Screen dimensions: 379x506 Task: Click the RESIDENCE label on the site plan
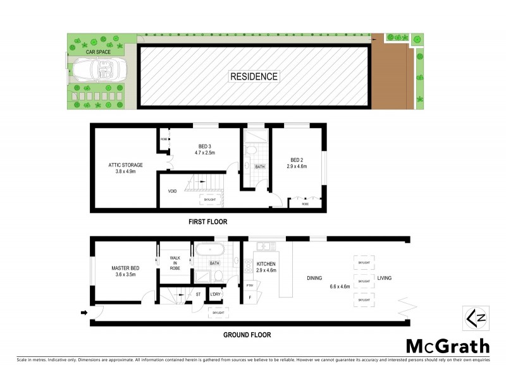254,76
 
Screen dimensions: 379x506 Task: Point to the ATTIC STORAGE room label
125,165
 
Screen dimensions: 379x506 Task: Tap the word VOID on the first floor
171,190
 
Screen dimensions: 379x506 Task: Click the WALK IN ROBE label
175,263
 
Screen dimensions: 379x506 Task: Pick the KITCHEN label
268,263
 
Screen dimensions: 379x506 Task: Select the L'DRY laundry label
215,294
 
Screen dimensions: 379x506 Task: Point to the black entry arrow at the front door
84,312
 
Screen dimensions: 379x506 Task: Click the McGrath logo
447,346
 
